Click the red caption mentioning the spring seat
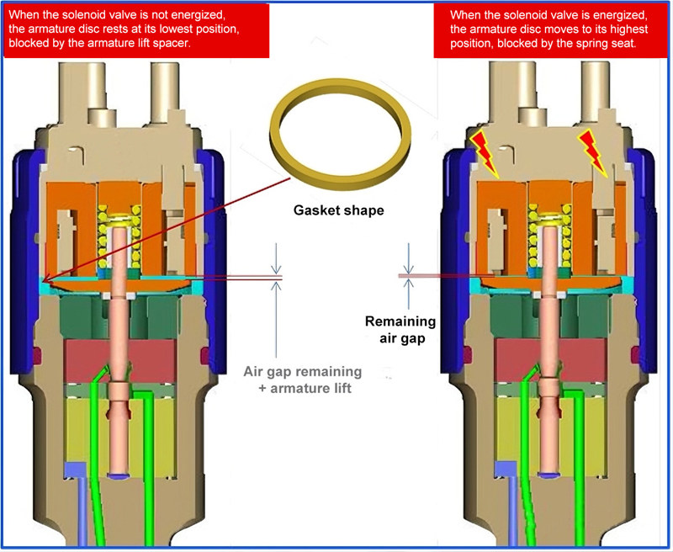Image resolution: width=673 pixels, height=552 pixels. (x=551, y=29)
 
